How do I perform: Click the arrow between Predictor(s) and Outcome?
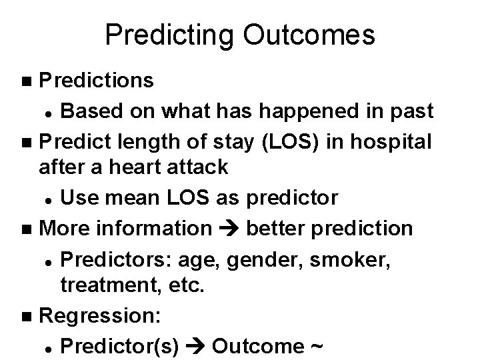194,347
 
